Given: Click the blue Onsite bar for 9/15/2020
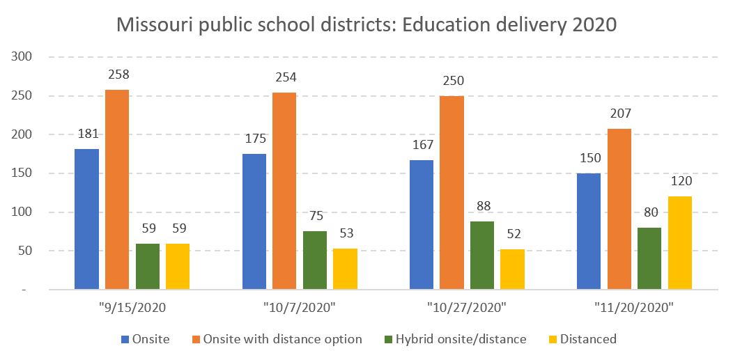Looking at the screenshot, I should (86, 219).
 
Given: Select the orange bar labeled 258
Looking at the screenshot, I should (117, 189).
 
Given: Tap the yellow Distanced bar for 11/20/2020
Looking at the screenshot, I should (680, 242).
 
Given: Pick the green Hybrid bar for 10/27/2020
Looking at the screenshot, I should (482, 255).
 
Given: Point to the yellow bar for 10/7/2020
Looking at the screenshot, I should (345, 268).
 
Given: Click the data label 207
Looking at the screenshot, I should (619, 115).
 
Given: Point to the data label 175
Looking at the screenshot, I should (254, 140).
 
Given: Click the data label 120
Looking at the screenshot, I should (680, 182).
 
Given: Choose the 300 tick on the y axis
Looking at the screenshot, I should (24, 56).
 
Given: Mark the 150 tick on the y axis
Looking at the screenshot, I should (24, 173).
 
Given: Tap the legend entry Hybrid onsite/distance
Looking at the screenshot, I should (461, 339).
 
